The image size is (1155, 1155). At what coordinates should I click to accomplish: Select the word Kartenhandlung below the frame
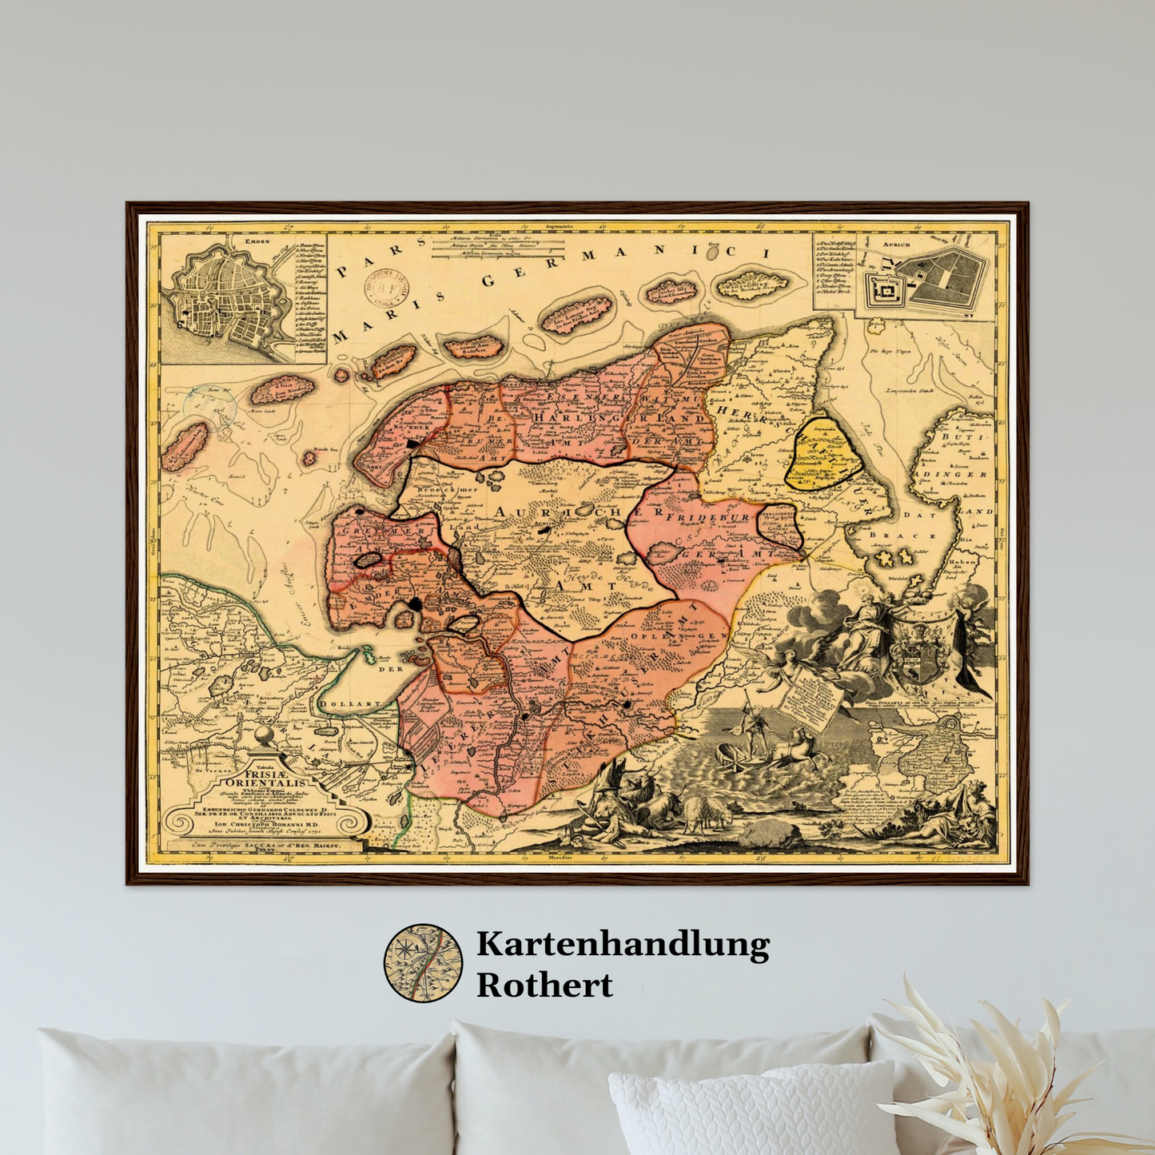623,945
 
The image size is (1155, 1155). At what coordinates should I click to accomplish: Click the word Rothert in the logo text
544,985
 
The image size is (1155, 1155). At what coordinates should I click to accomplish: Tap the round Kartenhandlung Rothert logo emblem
423,963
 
